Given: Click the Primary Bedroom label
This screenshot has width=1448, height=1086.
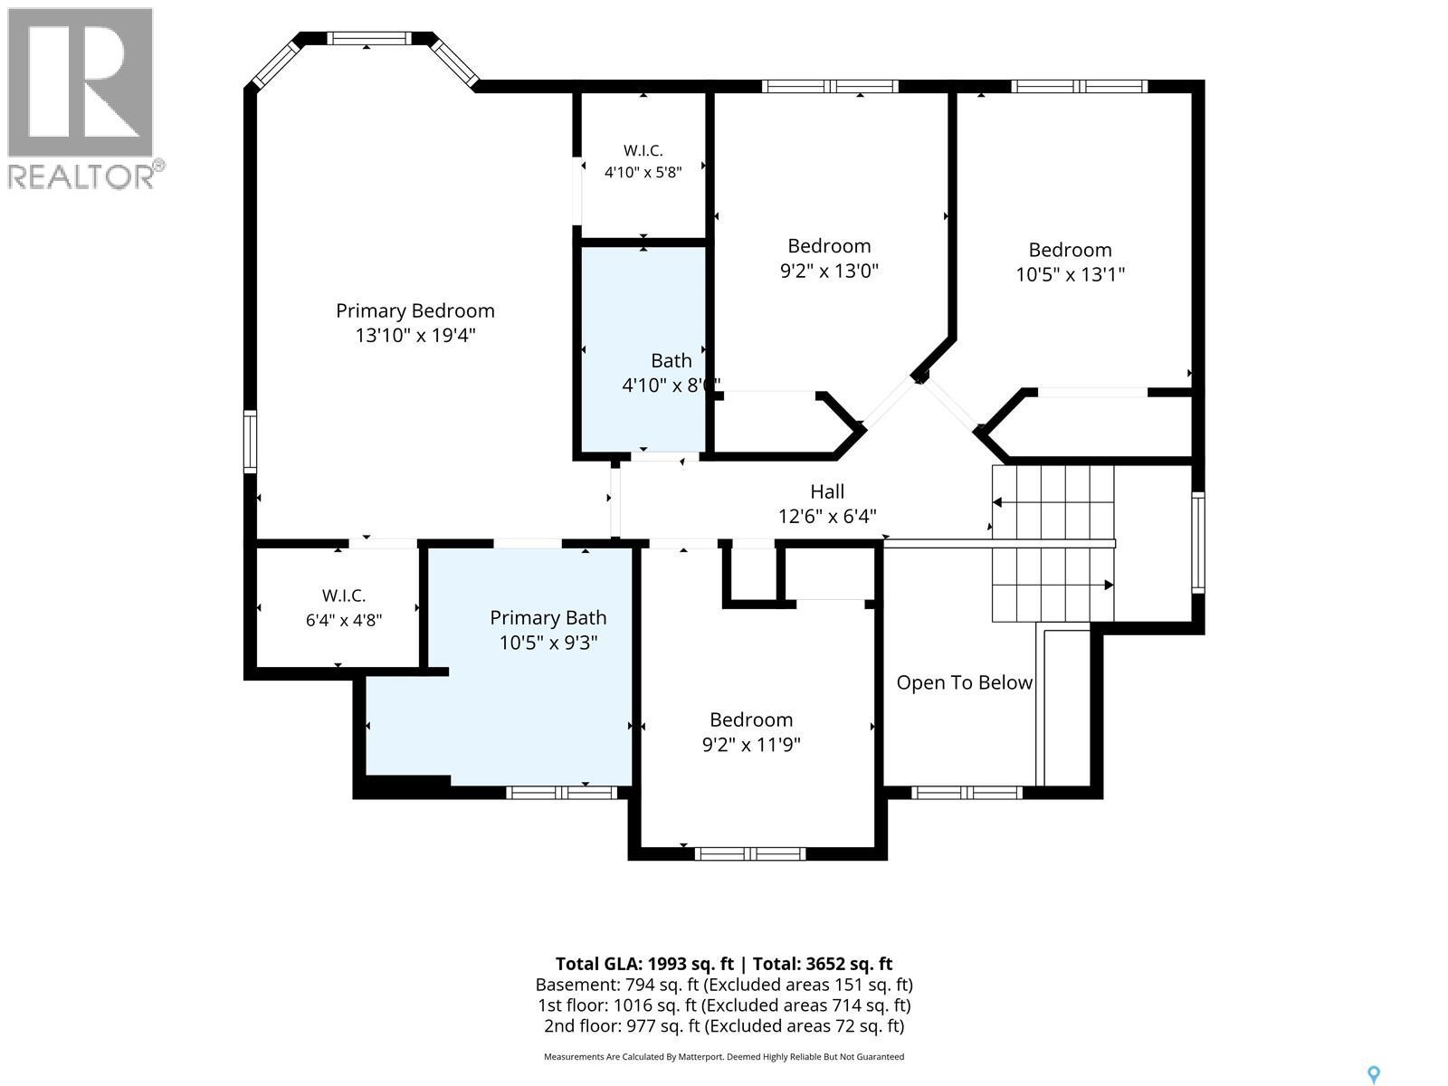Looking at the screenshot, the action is pyautogui.click(x=414, y=310).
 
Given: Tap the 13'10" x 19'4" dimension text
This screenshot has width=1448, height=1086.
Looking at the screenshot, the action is pyautogui.click(x=414, y=336).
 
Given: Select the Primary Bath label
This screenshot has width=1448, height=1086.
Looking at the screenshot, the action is pyautogui.click(x=548, y=618).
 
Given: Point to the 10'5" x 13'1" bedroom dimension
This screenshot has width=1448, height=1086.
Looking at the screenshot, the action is pyautogui.click(x=1070, y=274).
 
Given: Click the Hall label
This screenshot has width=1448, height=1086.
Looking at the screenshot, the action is pyautogui.click(x=827, y=491).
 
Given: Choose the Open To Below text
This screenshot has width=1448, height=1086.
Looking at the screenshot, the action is pyautogui.click(x=964, y=682).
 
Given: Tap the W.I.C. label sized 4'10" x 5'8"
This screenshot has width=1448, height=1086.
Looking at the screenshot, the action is pyautogui.click(x=643, y=150).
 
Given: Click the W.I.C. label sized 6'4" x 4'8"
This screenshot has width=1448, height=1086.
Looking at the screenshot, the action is pyautogui.click(x=344, y=595).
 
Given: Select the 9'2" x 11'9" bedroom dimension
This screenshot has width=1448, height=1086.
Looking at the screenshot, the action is pyautogui.click(x=751, y=745).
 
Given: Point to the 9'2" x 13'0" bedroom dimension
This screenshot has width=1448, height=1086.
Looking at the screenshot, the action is pyautogui.click(x=829, y=271).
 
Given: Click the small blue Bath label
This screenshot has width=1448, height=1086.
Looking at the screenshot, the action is pyautogui.click(x=672, y=361).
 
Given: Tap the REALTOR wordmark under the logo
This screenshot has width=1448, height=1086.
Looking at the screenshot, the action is pyautogui.click(x=82, y=176).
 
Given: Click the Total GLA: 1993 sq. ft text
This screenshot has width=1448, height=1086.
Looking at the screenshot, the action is pyautogui.click(x=644, y=964).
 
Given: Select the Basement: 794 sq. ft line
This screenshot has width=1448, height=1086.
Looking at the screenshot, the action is pyautogui.click(x=724, y=986).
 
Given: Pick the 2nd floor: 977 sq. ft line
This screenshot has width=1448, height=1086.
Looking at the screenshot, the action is pyautogui.click(x=724, y=1026).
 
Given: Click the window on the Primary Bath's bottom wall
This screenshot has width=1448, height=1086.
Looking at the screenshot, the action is pyautogui.click(x=561, y=793).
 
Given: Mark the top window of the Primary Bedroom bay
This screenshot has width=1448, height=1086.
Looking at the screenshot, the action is pyautogui.click(x=368, y=38).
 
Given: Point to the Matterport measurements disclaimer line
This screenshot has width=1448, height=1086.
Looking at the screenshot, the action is pyautogui.click(x=724, y=1057).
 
